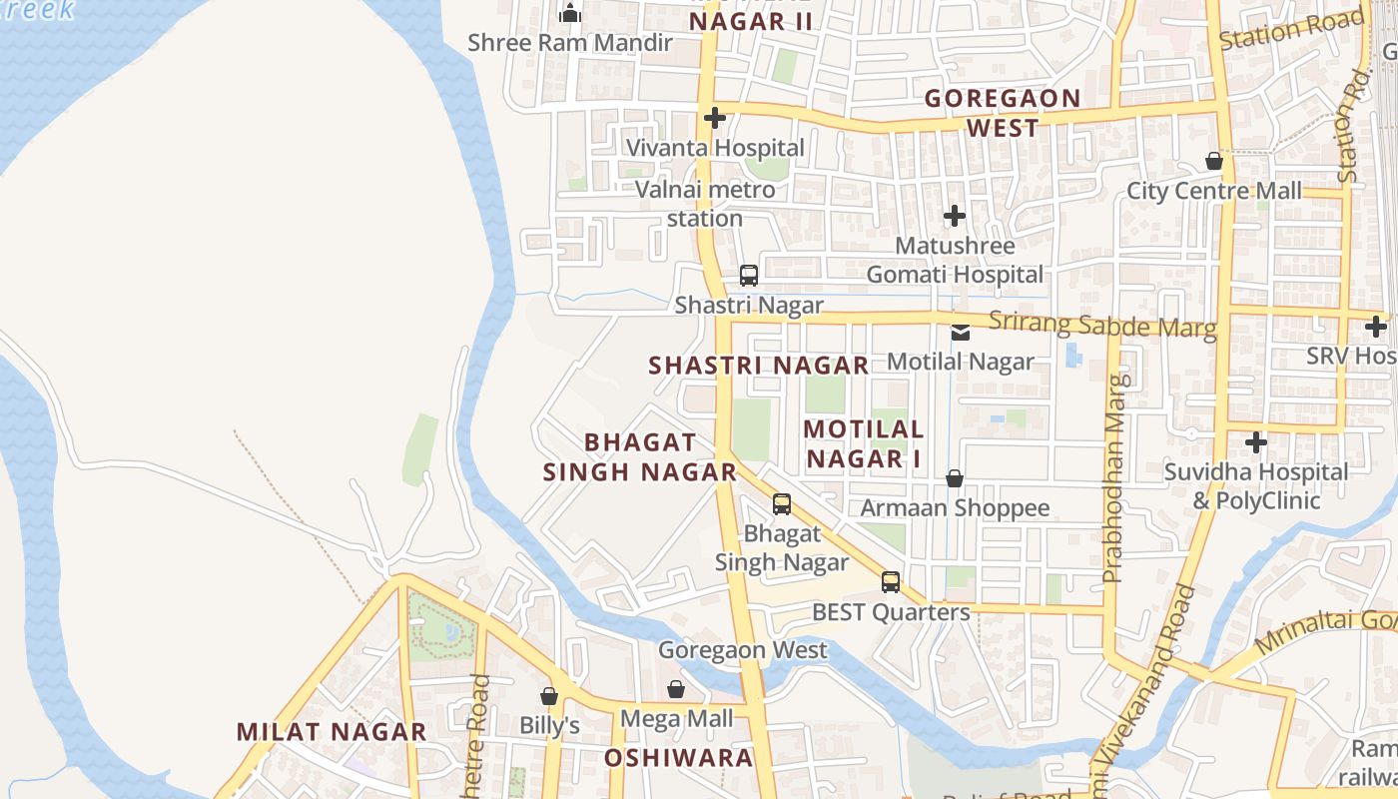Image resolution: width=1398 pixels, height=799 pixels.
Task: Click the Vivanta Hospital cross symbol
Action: click(714, 118)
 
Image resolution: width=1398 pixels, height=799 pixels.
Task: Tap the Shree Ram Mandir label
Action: click(570, 43)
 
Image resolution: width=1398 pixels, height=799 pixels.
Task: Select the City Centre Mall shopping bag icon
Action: click(1214, 161)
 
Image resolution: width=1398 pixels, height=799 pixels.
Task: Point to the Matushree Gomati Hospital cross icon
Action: click(955, 215)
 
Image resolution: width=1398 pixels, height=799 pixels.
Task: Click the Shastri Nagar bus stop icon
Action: click(749, 276)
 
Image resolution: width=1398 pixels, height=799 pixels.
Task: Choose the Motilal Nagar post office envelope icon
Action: click(961, 333)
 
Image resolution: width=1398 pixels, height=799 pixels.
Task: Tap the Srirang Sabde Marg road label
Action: click(1102, 325)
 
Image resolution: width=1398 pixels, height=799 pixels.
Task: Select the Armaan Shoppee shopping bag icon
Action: click(955, 478)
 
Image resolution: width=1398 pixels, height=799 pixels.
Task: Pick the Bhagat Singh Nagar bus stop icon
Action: click(782, 504)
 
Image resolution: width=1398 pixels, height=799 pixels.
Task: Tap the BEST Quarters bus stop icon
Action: click(890, 582)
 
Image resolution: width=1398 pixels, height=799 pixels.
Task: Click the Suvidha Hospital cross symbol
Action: click(1256, 441)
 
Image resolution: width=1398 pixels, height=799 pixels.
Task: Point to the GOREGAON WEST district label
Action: click(1003, 113)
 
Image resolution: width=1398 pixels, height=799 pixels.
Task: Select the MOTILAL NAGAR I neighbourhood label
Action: click(864, 443)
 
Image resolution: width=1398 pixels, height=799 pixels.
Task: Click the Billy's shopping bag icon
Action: click(549, 696)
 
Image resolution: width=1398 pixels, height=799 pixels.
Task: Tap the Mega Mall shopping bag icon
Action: click(676, 689)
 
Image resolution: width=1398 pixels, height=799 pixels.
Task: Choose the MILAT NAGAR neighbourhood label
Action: click(332, 731)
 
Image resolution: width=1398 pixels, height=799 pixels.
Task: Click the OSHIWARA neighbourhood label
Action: click(678, 757)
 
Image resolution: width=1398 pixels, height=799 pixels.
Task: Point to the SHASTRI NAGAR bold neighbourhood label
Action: click(759, 366)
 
